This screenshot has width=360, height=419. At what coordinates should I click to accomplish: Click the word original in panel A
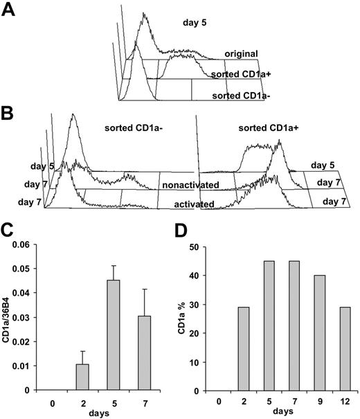click(x=241, y=53)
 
